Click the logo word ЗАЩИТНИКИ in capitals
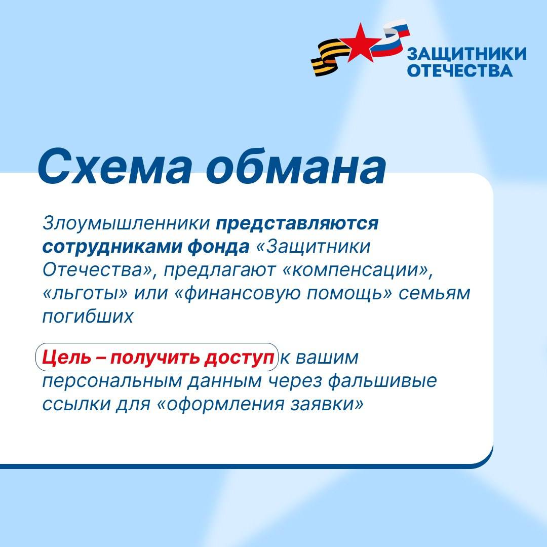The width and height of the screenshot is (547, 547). [x=466, y=54]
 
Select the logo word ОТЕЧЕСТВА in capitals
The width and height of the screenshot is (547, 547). [x=460, y=70]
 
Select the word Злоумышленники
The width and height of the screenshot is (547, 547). [x=126, y=224]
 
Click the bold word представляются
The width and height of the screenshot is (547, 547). [x=298, y=224]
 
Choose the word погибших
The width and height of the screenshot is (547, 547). [x=88, y=316]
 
